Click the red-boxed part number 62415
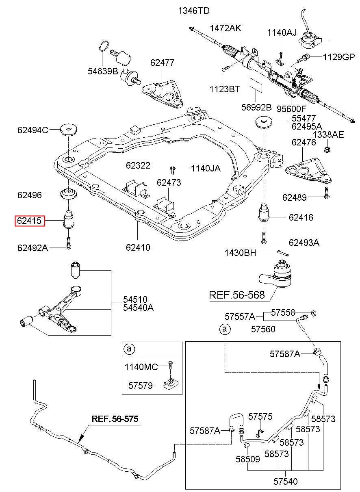(x=30, y=221)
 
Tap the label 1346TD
(x=193, y=11)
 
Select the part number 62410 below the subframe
(x=138, y=247)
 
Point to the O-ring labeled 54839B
(x=104, y=46)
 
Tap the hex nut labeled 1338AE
(x=327, y=150)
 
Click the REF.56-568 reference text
(x=237, y=295)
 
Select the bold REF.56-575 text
(x=115, y=419)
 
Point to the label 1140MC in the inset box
(x=141, y=367)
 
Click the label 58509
(x=247, y=459)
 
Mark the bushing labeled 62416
(x=264, y=212)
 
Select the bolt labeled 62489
(x=327, y=193)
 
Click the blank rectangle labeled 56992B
(x=256, y=85)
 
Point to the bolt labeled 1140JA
(x=172, y=171)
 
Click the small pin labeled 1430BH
(x=282, y=253)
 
